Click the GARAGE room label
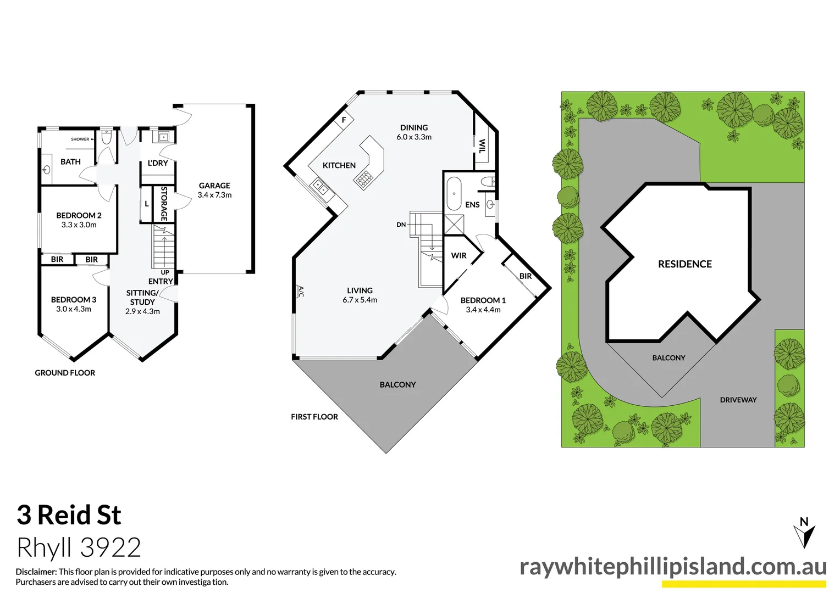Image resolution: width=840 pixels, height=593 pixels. [x=214, y=186]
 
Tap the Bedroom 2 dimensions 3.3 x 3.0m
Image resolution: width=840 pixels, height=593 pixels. [x=79, y=225]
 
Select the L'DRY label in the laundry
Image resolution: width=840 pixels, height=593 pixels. [x=158, y=163]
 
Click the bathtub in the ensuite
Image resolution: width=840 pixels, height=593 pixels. [x=454, y=193]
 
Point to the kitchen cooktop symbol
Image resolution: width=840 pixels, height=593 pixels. [x=363, y=178]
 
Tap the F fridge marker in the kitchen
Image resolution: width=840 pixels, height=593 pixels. [x=344, y=120]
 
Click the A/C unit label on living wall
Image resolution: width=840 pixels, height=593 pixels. [x=301, y=291]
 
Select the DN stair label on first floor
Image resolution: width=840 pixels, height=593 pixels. [x=401, y=225]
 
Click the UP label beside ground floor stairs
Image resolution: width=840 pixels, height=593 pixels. [x=165, y=272]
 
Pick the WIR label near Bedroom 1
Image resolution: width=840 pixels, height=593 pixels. [x=458, y=255]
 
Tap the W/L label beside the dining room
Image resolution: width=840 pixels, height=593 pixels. [x=482, y=146]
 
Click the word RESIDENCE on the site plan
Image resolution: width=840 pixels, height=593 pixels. [x=684, y=264]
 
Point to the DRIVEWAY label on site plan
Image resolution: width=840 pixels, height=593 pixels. [x=738, y=400]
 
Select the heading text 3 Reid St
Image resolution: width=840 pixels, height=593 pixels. [x=69, y=515]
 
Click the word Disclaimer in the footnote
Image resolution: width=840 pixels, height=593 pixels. [x=36, y=572]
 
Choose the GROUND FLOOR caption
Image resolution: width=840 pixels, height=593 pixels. [x=65, y=373]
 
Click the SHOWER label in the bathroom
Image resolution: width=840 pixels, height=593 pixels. [x=80, y=139]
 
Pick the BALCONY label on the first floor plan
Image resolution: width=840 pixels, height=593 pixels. [x=397, y=385]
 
